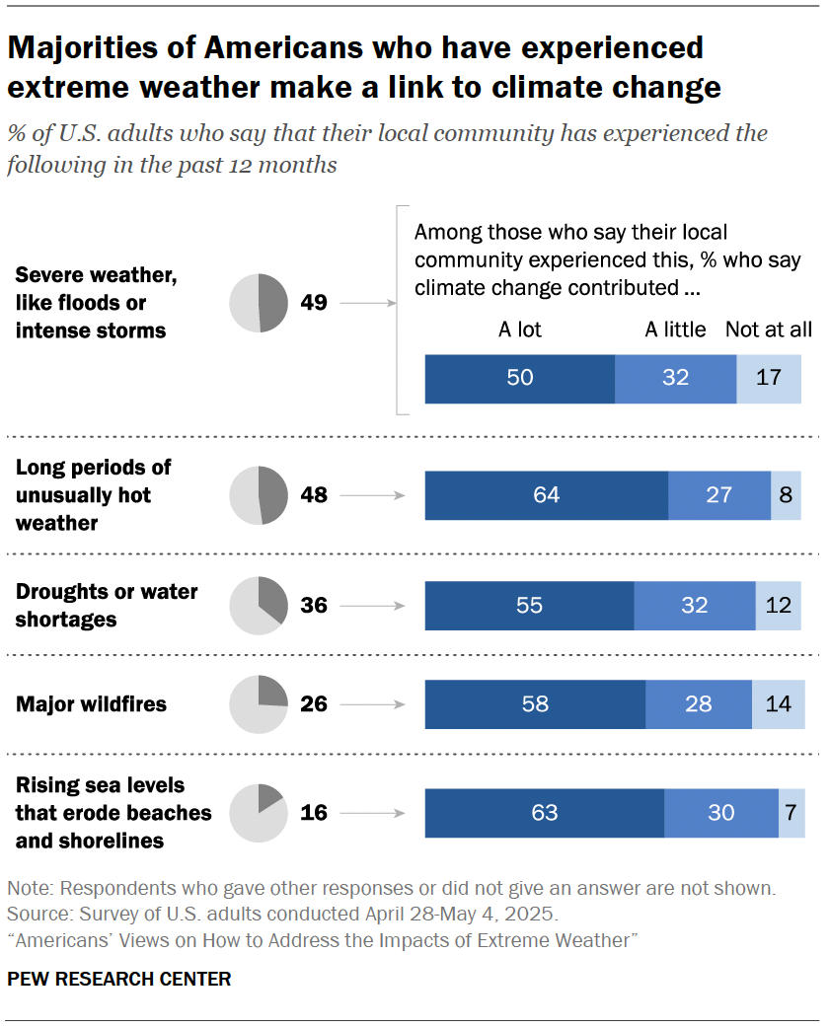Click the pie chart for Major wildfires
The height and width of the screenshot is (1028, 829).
pyautogui.click(x=259, y=704)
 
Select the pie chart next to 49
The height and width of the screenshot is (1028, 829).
pyautogui.click(x=259, y=302)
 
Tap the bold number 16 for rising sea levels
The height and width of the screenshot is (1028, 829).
pyautogui.click(x=314, y=813)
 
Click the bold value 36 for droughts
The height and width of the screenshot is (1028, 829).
pyautogui.click(x=314, y=605)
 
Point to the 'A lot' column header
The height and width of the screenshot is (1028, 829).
pyautogui.click(x=519, y=330)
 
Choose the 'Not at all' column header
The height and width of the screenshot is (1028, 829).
pyautogui.click(x=768, y=330)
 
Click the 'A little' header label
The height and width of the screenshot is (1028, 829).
pyautogui.click(x=675, y=330)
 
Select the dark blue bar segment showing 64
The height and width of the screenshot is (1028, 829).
pyautogui.click(x=546, y=495)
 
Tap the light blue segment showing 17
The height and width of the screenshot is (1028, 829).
pyautogui.click(x=769, y=379)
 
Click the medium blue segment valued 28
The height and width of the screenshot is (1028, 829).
pyautogui.click(x=698, y=704)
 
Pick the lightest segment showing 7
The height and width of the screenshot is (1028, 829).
pyautogui.click(x=791, y=813)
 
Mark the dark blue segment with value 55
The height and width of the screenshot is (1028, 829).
pyautogui.click(x=529, y=605)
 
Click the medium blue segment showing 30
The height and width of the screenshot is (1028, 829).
pyautogui.click(x=720, y=813)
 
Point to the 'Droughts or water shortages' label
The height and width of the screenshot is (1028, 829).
pyautogui.click(x=107, y=605)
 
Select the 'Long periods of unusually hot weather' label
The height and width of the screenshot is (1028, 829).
pyautogui.click(x=93, y=495)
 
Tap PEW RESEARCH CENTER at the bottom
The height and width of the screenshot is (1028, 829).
pyautogui.click(x=119, y=980)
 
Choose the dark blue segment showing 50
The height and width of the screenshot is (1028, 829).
pyautogui.click(x=519, y=379)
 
